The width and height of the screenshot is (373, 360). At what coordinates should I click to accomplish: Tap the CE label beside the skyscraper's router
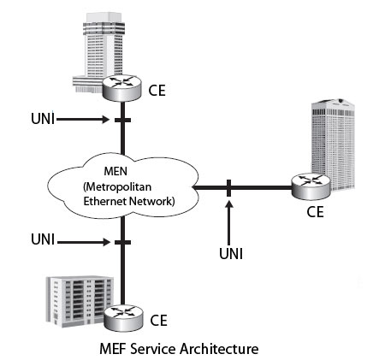coord(157,88)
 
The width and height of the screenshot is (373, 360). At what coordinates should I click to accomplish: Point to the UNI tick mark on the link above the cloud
coord(122,121)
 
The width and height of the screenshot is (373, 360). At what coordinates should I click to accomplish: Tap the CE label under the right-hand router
coord(315,211)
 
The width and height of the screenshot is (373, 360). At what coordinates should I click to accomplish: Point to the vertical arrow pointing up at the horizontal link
coord(229,218)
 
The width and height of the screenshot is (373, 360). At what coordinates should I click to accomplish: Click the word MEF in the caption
coord(116,347)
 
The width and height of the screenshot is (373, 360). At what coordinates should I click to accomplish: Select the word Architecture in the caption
coord(222,347)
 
